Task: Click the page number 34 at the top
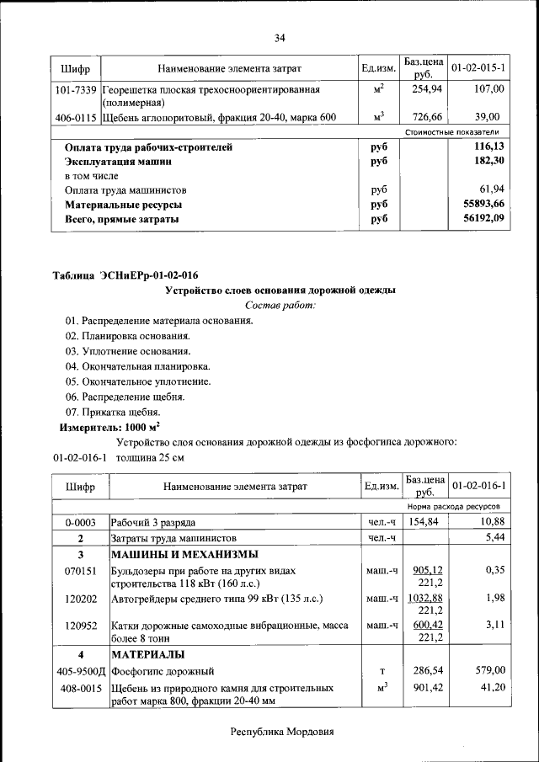280,38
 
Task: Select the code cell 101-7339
75,88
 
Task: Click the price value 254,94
424,88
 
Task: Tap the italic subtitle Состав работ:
280,305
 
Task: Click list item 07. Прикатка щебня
112,412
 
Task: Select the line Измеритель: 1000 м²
109,427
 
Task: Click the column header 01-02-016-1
478,487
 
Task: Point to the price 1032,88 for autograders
424,598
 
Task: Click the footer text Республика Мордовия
282,732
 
